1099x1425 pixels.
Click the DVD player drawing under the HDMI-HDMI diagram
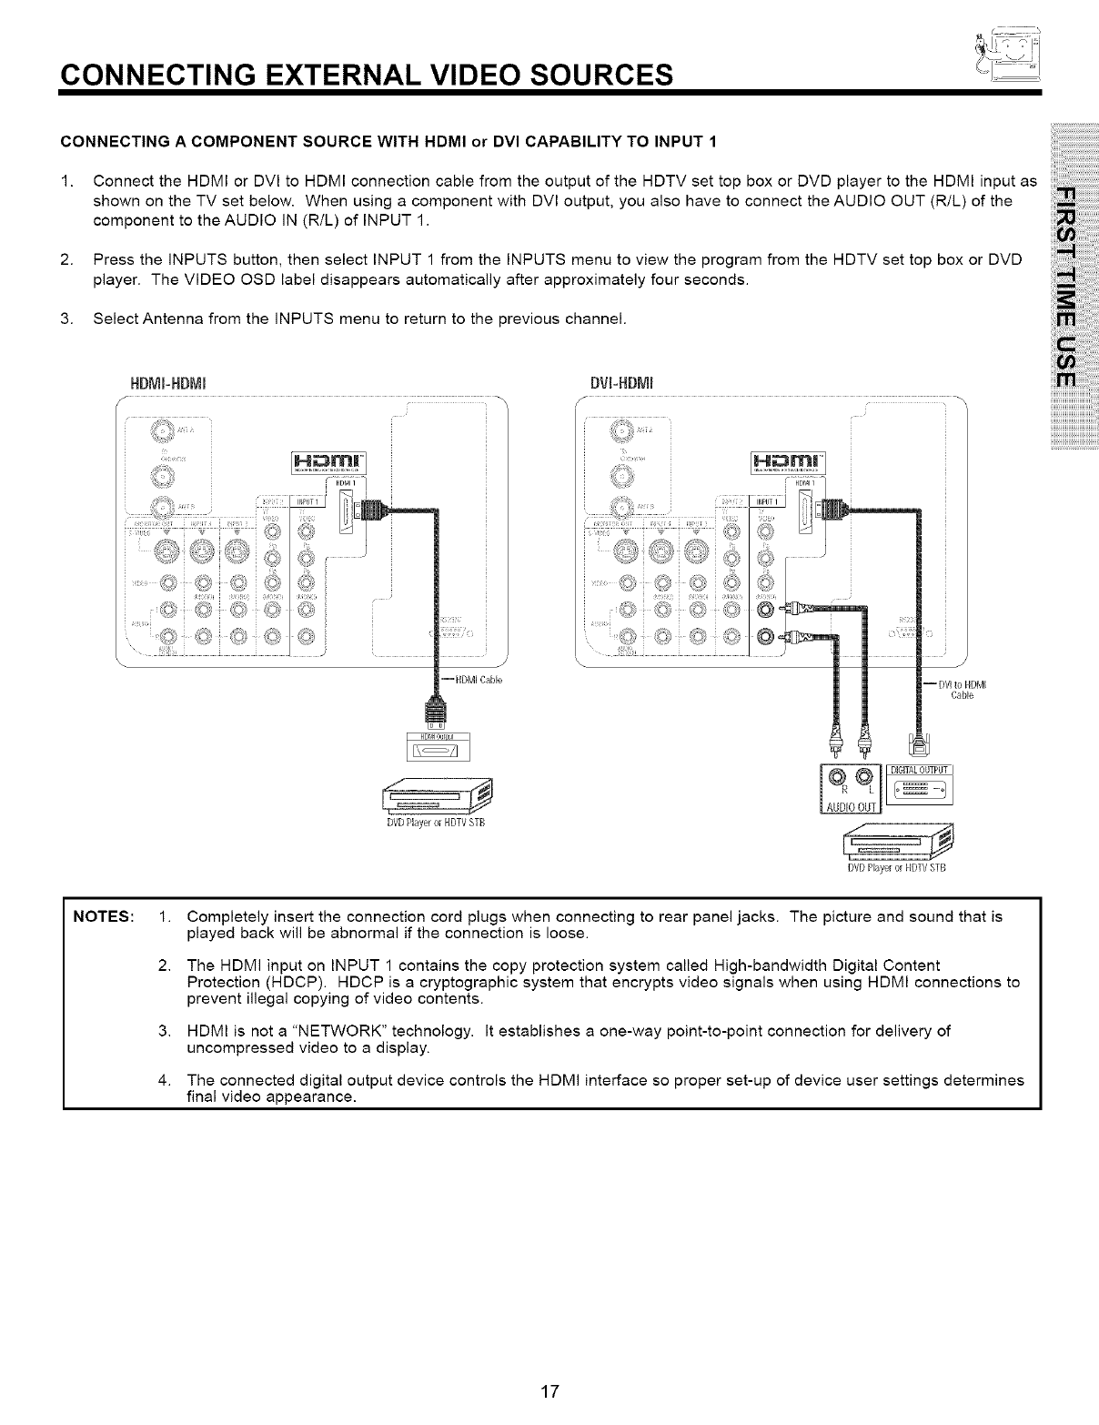pyautogui.click(x=434, y=796)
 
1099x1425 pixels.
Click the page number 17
pyautogui.click(x=549, y=1391)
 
